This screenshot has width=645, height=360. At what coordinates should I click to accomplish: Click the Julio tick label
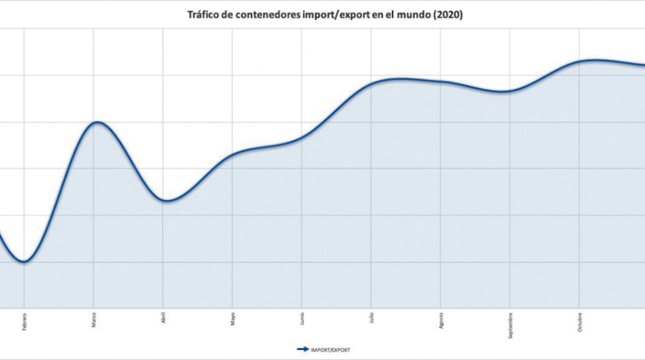[x=371, y=318]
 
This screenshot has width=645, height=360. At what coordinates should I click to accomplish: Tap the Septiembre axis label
[x=510, y=323]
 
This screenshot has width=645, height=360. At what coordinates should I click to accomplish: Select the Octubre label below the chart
[x=580, y=321]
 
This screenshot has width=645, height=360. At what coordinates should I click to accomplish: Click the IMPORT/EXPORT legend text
[x=331, y=349]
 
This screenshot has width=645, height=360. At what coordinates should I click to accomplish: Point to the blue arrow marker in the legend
[x=302, y=349]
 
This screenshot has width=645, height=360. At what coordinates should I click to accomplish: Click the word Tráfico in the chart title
[x=203, y=14]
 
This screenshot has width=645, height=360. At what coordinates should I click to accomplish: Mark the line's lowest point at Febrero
[x=24, y=262]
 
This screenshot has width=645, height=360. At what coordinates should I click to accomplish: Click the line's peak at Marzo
[x=96, y=122]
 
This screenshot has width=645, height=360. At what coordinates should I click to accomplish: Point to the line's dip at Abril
[x=166, y=201]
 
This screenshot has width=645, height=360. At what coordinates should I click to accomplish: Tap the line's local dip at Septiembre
[x=506, y=91]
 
